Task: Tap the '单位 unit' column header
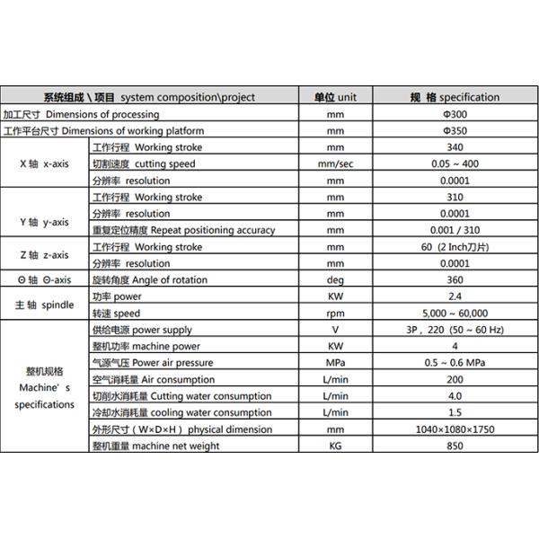(336, 97)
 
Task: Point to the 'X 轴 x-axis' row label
(46, 163)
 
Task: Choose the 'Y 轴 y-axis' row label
(44, 222)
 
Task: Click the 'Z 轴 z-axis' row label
(45, 255)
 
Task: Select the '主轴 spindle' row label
(45, 305)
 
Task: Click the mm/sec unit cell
(336, 163)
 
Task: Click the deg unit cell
(336, 280)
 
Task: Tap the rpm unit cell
(336, 314)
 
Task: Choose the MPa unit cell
(336, 363)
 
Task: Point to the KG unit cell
(336, 446)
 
